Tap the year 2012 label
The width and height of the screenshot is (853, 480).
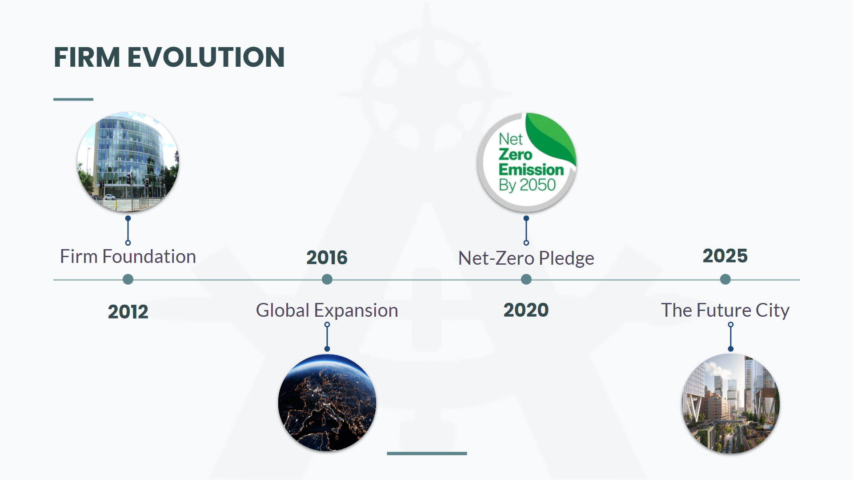128,311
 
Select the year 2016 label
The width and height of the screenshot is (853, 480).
327,258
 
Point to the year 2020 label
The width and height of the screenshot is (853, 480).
526,310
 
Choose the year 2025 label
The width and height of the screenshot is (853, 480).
725,256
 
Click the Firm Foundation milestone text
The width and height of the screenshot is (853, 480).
128,257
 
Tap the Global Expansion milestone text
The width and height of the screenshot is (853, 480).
327,311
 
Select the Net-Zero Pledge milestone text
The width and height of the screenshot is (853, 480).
526,258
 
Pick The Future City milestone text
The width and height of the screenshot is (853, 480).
725,311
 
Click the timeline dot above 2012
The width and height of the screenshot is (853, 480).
128,279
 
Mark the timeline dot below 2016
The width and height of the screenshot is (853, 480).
327,279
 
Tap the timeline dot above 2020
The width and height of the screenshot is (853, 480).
526,279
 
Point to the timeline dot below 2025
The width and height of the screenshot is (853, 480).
725,279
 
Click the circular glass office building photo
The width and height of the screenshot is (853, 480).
128,162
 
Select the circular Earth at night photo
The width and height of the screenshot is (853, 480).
327,403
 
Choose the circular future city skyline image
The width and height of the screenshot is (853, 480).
731,403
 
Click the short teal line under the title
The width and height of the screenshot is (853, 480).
73,99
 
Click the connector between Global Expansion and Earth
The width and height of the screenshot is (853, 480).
327,337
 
